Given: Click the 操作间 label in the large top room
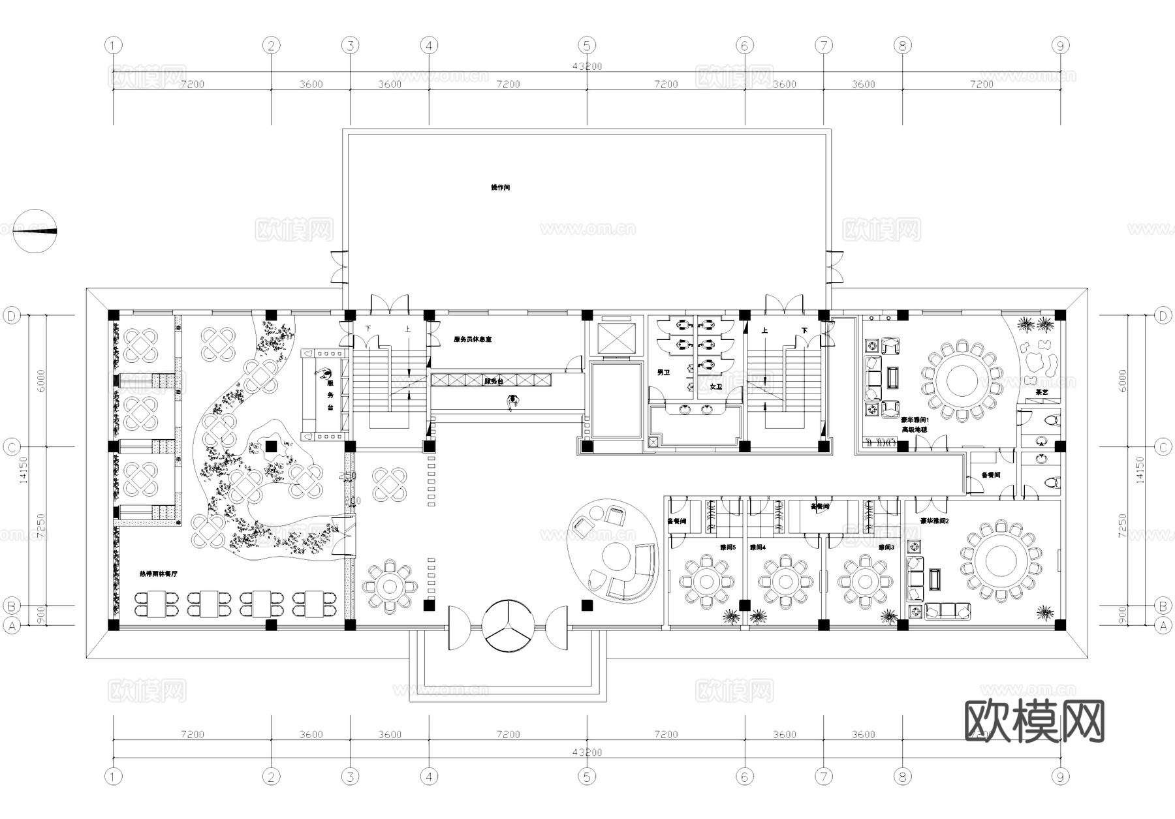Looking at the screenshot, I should point(500,187).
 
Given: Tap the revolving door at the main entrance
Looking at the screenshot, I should point(509,626).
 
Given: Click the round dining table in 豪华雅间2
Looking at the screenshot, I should point(999,561).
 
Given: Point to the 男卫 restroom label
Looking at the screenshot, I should point(663,373).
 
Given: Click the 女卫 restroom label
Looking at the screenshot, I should point(715,387).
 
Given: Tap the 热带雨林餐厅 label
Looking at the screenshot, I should point(159,574).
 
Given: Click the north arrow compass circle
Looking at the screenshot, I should point(35,231).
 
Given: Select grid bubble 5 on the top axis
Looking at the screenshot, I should point(587,46).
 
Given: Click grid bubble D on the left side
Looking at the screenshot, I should point(12,316).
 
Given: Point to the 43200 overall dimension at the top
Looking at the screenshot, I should point(587,66).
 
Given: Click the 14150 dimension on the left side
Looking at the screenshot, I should point(23,470).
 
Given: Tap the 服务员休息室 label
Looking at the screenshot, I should point(473,340).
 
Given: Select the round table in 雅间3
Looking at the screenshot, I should point(864,580).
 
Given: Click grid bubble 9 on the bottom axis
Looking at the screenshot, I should point(1060,777).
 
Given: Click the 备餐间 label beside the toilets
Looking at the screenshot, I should point(990,476).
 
